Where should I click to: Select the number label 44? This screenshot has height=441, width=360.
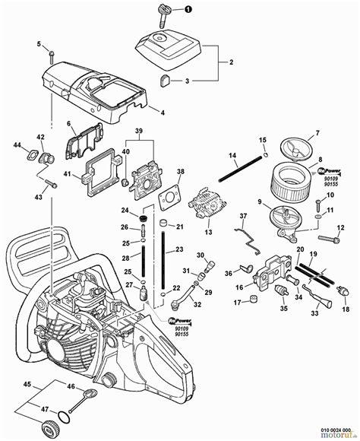tap(17, 144)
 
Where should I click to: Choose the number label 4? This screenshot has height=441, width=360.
tap(163, 112)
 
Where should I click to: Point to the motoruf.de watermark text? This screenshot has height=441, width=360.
tap(341, 436)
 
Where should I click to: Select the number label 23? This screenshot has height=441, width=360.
tap(181, 249)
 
